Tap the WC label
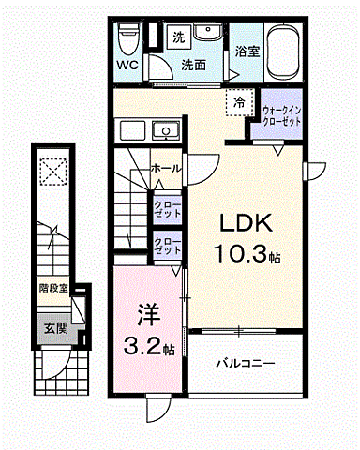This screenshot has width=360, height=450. pyautogui.click(x=127, y=66)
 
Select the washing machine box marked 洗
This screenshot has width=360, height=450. pyautogui.click(x=179, y=37)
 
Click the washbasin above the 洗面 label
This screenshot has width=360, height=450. pyautogui.click(x=207, y=32)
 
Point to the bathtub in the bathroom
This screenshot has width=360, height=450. pyautogui.click(x=284, y=52)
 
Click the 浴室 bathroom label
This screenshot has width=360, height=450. pyautogui.click(x=247, y=52)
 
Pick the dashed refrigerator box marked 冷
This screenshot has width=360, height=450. pyautogui.click(x=239, y=102)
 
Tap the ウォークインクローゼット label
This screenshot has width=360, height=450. pyautogui.click(x=281, y=116)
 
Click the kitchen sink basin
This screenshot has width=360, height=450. pyautogui.click(x=166, y=130)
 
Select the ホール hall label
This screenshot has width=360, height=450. pyautogui.click(x=166, y=169)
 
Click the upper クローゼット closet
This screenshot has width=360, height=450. pyautogui.click(x=168, y=210)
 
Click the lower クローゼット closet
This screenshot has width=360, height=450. pyautogui.click(x=168, y=246)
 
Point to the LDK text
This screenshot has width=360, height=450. pyautogui.click(x=246, y=222)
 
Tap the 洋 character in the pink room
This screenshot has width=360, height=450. pyautogui.click(x=149, y=315)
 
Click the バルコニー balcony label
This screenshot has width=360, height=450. pyautogui.click(x=246, y=364)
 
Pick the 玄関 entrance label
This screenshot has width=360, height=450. pyautogui.click(x=55, y=328)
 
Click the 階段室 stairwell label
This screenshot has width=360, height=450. pyautogui.click(x=53, y=288)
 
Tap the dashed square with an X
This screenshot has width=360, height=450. pyautogui.click(x=53, y=172)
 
